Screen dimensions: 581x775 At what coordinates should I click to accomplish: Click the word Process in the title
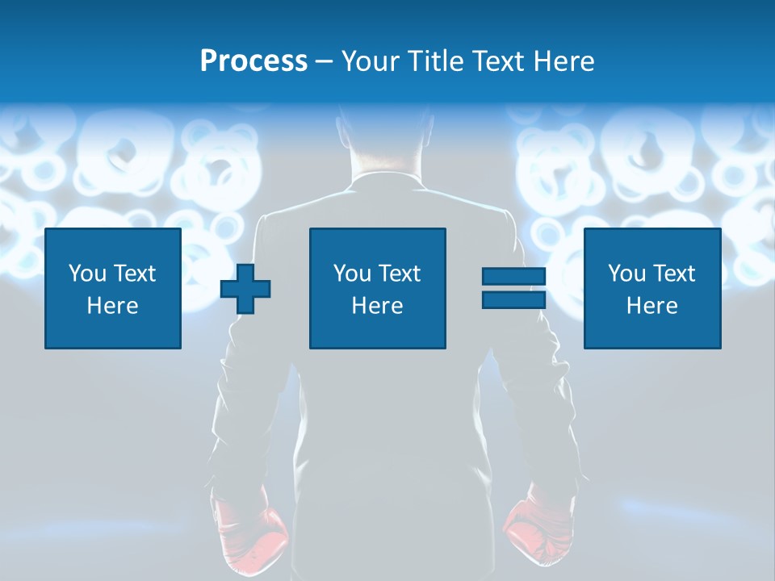253,61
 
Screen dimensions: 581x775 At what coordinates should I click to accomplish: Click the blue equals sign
513,288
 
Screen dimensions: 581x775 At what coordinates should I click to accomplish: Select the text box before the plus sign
113,289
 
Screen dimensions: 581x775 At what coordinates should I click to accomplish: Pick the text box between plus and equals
377,289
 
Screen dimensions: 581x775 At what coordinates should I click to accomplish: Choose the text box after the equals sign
651,289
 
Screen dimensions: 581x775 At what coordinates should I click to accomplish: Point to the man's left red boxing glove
250,529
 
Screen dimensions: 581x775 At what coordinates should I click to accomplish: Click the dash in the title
324,61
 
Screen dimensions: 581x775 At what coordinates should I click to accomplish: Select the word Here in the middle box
377,306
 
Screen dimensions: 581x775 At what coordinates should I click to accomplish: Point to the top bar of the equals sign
513,277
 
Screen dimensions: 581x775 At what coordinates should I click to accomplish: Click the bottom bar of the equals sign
513,299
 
